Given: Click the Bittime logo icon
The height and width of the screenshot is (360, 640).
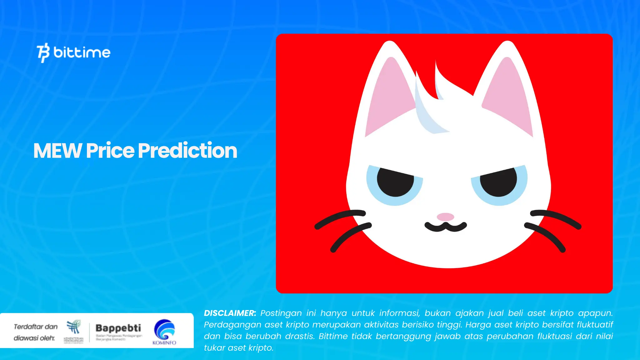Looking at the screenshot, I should [43, 52].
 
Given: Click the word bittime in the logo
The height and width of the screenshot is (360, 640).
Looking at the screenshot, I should [82, 52].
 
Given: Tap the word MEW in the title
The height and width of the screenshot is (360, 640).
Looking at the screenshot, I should [57, 151].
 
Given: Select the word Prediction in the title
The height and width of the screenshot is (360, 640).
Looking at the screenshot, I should [187, 151].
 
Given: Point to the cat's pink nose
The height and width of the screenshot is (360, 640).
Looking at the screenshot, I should [445, 217].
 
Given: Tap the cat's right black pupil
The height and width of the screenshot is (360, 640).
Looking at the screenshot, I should [498, 182].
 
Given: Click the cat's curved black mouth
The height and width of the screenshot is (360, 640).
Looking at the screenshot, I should [446, 227].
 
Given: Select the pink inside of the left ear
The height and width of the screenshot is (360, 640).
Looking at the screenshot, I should [389, 97].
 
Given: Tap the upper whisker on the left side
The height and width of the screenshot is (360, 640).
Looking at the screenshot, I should [341, 217].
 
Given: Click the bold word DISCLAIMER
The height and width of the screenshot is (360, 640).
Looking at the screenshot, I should [230, 313].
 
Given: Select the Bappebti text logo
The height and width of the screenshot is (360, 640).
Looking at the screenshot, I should [118, 328].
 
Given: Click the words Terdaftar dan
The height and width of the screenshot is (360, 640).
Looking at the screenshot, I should [36, 327].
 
